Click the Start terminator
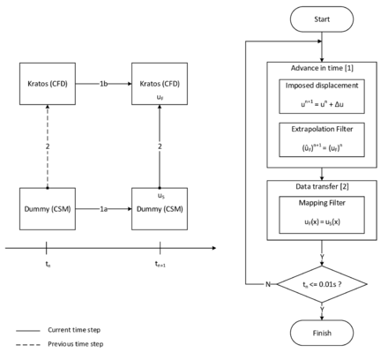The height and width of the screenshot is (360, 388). (x=322, y=19)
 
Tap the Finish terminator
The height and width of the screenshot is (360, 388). (x=322, y=332)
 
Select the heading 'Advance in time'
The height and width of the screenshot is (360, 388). (x=316, y=68)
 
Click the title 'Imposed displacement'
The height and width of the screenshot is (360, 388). (x=322, y=86)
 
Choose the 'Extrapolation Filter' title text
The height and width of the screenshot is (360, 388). (x=322, y=129)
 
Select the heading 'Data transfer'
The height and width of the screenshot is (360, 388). (x=317, y=187)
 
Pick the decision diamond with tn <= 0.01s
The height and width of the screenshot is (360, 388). (x=322, y=284)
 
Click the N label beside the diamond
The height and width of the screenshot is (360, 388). (x=267, y=284)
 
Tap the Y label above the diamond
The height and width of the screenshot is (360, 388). (x=322, y=257)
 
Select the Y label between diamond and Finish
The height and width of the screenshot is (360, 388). (x=322, y=311)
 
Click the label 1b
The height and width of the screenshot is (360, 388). (x=103, y=84)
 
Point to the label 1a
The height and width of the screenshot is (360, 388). (x=103, y=209)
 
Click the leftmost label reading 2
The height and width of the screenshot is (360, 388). (x=48, y=146)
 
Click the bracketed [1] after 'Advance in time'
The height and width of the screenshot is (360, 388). (x=349, y=68)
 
